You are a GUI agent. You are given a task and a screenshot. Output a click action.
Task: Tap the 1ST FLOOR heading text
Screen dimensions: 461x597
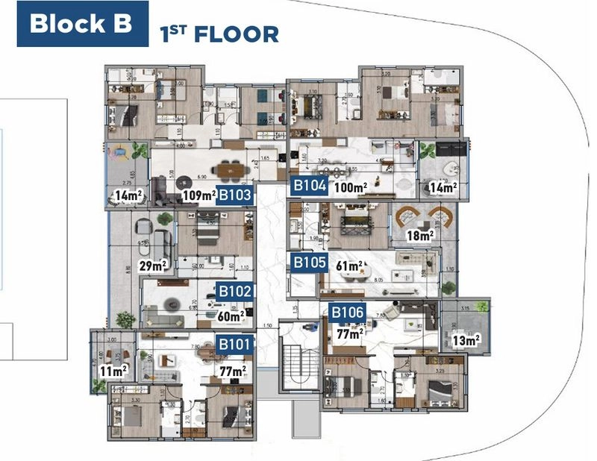(x=219, y=34)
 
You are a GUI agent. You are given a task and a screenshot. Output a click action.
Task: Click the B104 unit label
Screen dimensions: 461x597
(x=309, y=186)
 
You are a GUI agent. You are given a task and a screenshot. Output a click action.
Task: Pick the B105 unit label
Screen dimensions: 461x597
(x=308, y=263)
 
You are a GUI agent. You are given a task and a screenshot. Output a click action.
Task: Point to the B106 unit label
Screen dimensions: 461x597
(x=348, y=312)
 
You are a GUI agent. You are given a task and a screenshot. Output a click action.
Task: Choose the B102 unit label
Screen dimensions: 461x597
(x=234, y=291)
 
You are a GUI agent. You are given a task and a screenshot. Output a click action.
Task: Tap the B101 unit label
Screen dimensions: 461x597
(x=234, y=345)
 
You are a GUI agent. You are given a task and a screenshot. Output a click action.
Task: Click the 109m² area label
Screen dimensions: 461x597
(x=198, y=197)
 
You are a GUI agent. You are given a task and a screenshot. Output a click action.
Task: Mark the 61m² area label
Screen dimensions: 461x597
(x=350, y=265)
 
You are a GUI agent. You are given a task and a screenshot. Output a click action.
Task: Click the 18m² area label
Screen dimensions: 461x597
(x=419, y=236)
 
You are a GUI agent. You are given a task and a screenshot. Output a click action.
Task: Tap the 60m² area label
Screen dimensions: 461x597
(x=231, y=316)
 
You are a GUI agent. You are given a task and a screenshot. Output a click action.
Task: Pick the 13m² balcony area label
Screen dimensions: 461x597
(x=466, y=340)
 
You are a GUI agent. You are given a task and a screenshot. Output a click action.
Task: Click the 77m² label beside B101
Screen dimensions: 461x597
(x=232, y=369)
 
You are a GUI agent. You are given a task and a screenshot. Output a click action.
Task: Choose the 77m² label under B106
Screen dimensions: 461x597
(x=349, y=333)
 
